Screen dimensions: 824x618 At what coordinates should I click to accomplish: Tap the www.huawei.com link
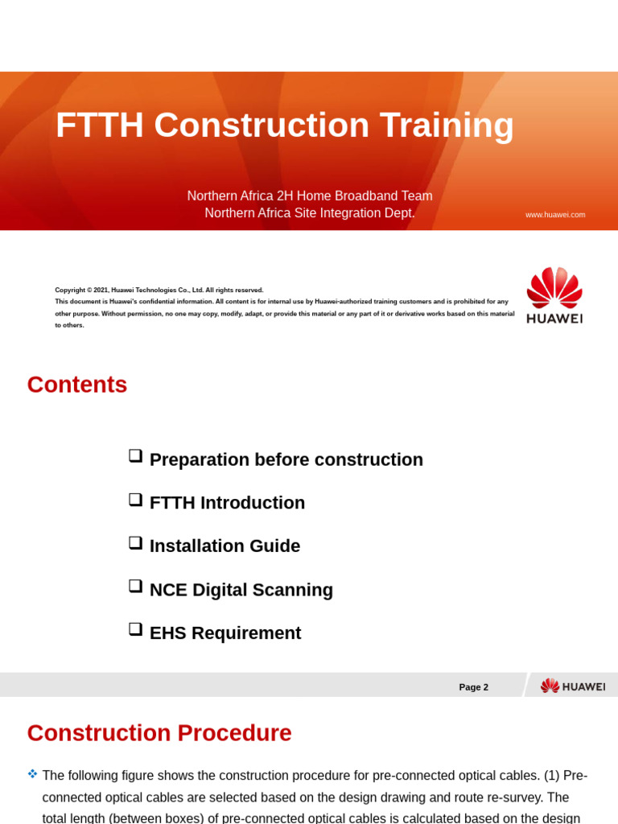coord(555,215)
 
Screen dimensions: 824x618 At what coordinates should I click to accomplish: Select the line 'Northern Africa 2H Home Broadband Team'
coord(310,196)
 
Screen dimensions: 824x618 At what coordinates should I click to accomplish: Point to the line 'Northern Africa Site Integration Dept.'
coord(310,213)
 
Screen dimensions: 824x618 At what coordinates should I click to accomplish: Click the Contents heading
coord(77,385)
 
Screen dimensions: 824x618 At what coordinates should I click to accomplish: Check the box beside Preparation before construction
coord(135,455)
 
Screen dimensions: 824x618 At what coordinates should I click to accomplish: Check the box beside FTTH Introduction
coord(135,499)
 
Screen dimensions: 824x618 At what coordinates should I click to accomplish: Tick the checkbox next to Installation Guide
coord(135,542)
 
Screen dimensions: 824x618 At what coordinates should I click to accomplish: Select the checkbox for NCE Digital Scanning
coord(135,586)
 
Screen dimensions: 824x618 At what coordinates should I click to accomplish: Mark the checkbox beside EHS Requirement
coord(135,629)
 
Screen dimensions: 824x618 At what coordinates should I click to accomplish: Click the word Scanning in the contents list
coord(294,590)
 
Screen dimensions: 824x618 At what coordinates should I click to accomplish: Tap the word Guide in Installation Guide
coord(276,546)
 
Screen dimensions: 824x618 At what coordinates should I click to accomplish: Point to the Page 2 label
coord(473,687)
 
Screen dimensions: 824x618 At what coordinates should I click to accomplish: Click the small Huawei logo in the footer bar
coord(573,686)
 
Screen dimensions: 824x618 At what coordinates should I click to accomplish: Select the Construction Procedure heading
coord(159,733)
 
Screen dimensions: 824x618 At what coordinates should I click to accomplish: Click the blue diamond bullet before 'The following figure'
coord(32,774)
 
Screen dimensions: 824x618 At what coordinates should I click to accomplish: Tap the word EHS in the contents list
coord(168,633)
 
